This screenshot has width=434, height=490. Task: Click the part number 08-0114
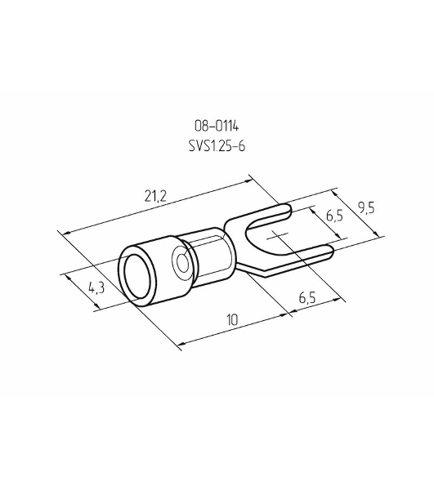tap(217, 127)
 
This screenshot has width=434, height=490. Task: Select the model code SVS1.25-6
tap(217, 146)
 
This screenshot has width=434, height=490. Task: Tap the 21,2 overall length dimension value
tap(155, 196)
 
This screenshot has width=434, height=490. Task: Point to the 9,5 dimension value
tap(366, 207)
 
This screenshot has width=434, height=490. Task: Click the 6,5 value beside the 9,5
tap(334, 216)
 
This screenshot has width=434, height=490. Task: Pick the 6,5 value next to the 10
tap(307, 297)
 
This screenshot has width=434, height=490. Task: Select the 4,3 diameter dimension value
tap(96, 287)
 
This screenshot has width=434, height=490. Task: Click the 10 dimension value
tap(232, 319)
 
